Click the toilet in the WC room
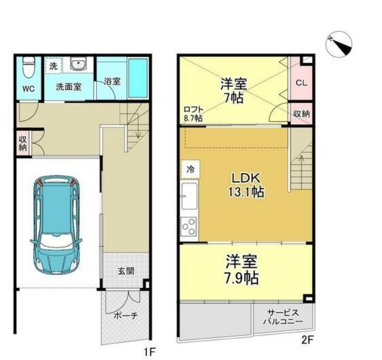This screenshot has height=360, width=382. coord(29,66)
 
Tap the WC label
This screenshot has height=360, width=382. coord(29,89)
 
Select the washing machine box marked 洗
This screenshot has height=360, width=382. coord(53,65)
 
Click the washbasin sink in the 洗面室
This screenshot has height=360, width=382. coord(78,64)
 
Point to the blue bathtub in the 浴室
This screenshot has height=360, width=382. coord(138,78)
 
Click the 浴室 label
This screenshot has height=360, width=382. coord(112,81)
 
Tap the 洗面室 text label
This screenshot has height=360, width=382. coord(69,87)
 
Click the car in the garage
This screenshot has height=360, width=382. coord(56,224)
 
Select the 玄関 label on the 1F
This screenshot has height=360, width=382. coord(126,271)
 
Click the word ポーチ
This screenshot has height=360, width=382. coord(126,316)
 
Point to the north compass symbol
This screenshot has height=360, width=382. coord(339,44)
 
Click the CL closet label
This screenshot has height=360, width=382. coord(301,83)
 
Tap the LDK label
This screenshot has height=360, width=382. coord(246,178)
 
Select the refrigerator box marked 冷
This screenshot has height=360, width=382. coord(190,169)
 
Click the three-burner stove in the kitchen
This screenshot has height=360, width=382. coord(189,226)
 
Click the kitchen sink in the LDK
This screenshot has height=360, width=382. coord(189,196)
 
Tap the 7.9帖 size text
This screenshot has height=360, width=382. coord(241,278)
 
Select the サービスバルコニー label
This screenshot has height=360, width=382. coord(283,317)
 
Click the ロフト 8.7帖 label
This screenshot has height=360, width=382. coord(193,114)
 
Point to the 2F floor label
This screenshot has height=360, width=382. coord(307,339)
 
